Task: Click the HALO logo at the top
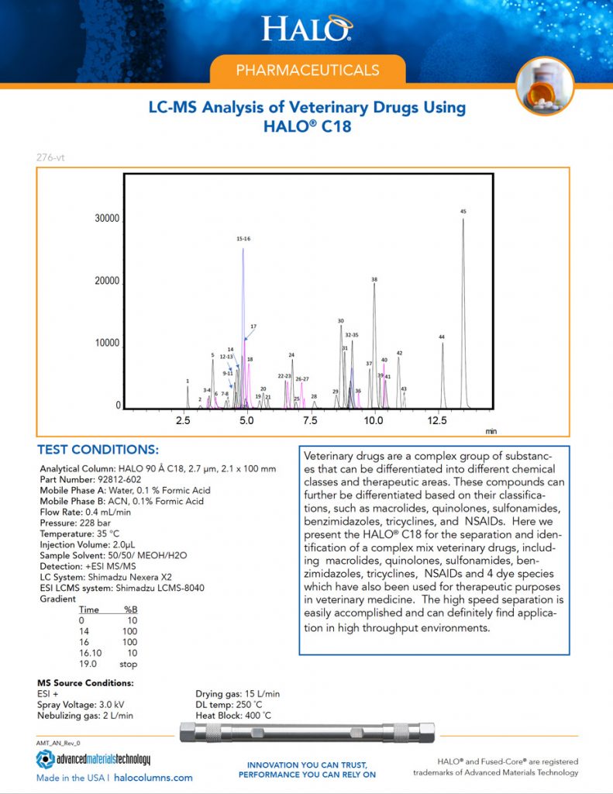pyautogui.click(x=307, y=29)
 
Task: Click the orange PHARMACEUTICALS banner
pyautogui.click(x=308, y=70)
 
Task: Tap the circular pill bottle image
pyautogui.click(x=544, y=86)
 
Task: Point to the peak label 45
pyautogui.click(x=463, y=212)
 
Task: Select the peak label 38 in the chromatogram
pyautogui.click(x=374, y=279)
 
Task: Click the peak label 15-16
pyautogui.click(x=243, y=239)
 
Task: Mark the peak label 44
pyautogui.click(x=442, y=337)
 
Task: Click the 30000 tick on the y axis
pyautogui.click(x=107, y=219)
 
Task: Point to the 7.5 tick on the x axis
pyautogui.click(x=310, y=420)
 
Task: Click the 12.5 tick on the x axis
pyautogui.click(x=437, y=420)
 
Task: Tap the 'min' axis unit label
pyautogui.click(x=491, y=430)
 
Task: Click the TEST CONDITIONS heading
pyautogui.click(x=98, y=451)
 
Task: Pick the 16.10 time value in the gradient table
pyautogui.click(x=91, y=653)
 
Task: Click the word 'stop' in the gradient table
pyautogui.click(x=129, y=664)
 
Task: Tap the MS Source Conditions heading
pyautogui.click(x=85, y=683)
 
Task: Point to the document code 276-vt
pyautogui.click(x=50, y=157)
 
